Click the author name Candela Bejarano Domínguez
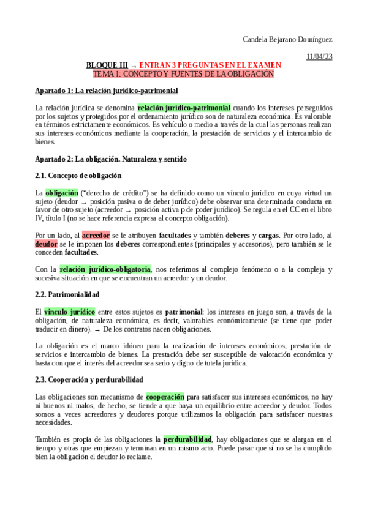[x=287, y=40]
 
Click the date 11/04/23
[x=319, y=57]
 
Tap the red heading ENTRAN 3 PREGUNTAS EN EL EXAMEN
[x=210, y=65]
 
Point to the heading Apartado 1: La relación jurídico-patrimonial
[x=107, y=91]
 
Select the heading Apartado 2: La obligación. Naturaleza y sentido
[x=111, y=159]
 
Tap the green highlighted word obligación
[x=61, y=193]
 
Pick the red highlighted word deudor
[x=46, y=244]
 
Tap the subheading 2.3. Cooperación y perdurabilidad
[x=89, y=379]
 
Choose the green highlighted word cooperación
[x=165, y=397]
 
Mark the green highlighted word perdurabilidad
[x=187, y=439]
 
